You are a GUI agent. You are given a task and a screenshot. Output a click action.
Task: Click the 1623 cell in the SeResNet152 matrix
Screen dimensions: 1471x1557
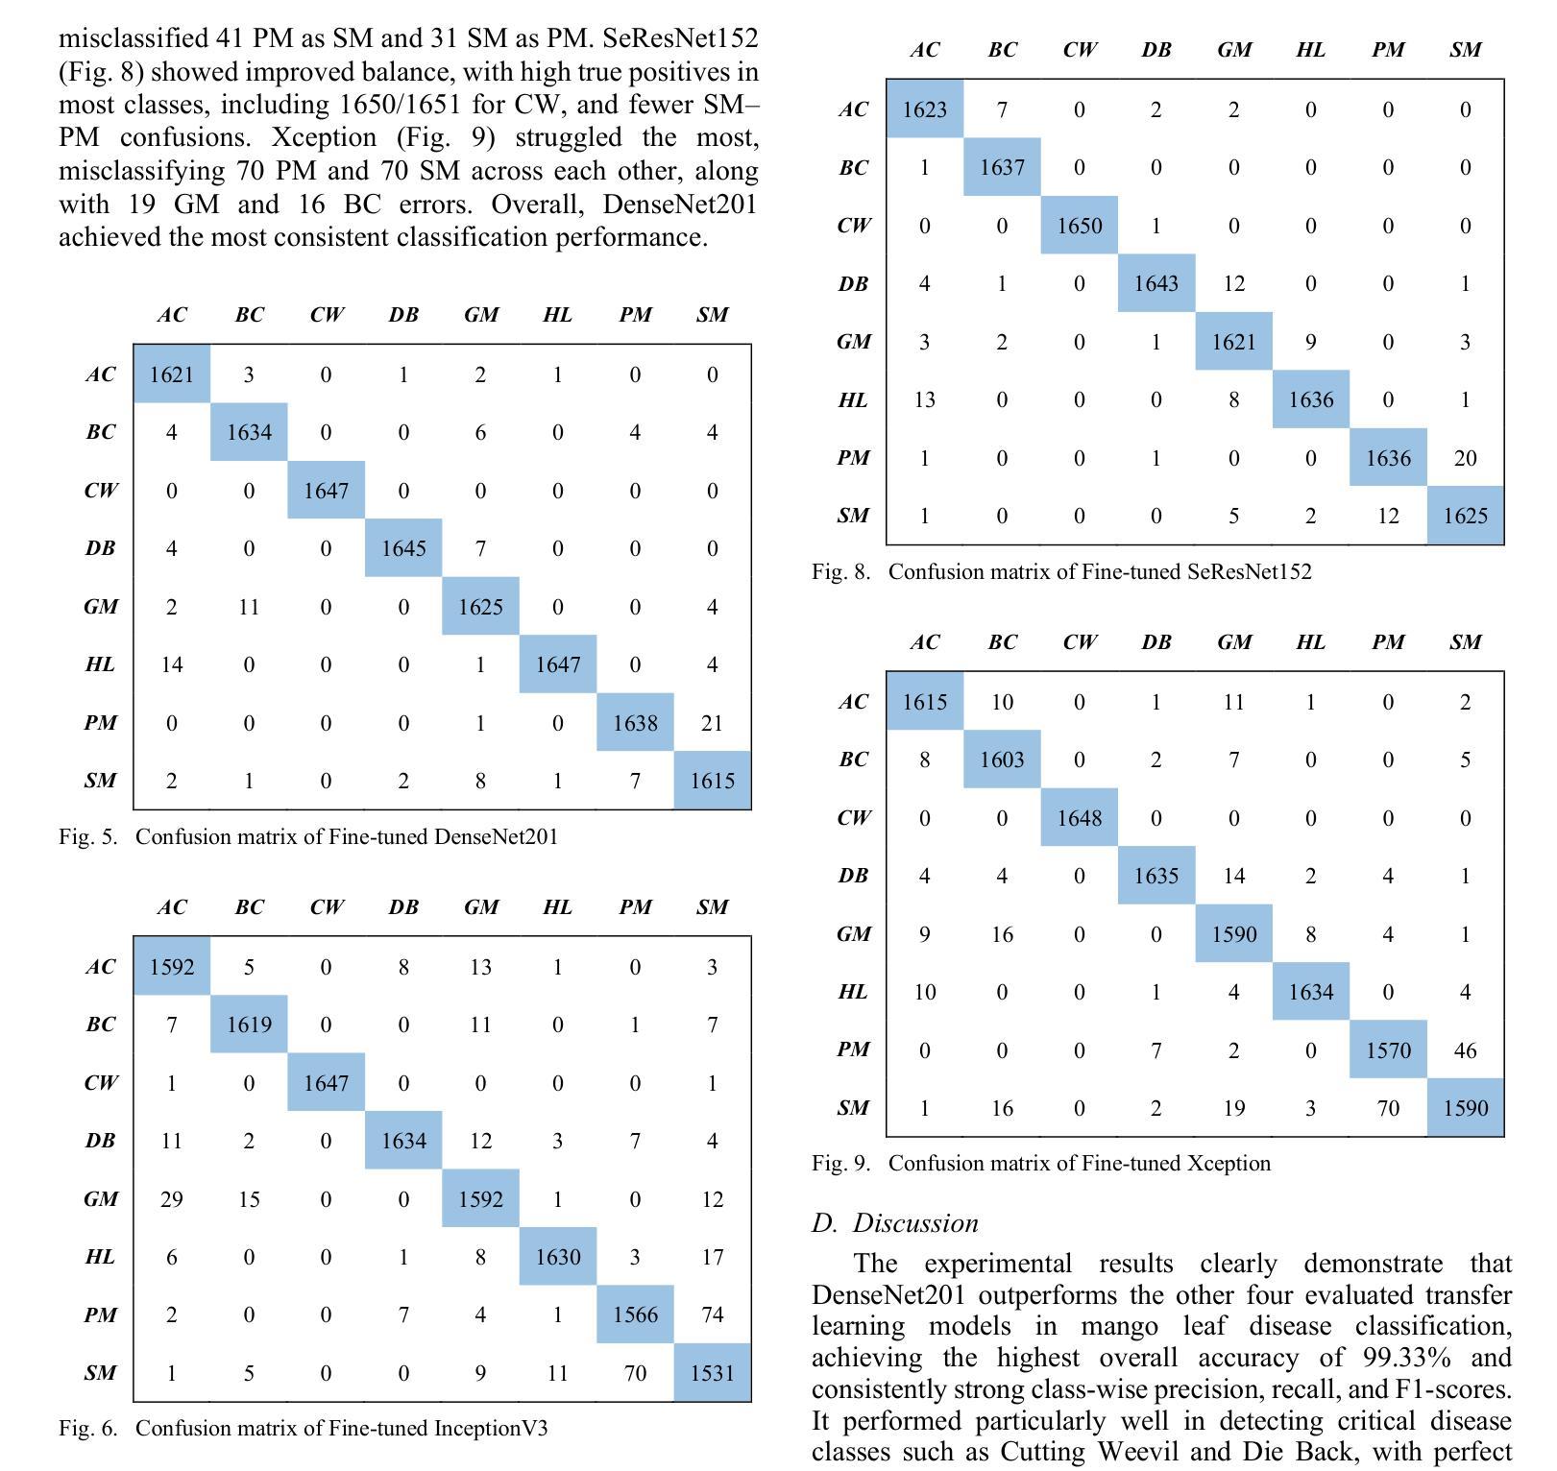coord(924,109)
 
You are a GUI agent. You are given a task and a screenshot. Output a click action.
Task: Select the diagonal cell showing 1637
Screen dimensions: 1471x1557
coord(1002,167)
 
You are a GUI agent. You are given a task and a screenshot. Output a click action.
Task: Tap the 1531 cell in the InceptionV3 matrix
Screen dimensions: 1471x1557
coord(712,1372)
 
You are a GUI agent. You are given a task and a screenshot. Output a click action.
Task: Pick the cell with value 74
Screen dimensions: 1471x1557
coord(712,1314)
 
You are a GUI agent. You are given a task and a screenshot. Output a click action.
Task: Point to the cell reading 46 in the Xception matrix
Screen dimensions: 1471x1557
coord(1465,1049)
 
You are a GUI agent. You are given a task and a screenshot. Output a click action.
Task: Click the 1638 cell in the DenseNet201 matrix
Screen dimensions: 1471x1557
coord(635,722)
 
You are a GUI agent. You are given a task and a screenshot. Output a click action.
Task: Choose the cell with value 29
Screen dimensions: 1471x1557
coord(172,1198)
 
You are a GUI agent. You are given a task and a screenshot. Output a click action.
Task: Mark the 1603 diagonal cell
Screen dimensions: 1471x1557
coord(1002,760)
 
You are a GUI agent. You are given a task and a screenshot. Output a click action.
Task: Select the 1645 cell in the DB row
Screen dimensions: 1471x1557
coord(403,548)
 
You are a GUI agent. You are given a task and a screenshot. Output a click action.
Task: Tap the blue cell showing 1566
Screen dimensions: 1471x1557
coord(635,1314)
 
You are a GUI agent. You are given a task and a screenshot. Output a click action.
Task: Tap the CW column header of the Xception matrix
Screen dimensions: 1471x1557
coord(1080,641)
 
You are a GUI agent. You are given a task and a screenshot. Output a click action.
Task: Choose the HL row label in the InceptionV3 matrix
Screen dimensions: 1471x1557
coord(100,1256)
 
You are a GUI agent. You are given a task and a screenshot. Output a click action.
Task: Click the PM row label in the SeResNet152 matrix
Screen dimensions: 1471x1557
coord(853,457)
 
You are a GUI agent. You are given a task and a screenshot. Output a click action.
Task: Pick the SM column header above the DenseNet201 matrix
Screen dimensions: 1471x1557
coord(712,314)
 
